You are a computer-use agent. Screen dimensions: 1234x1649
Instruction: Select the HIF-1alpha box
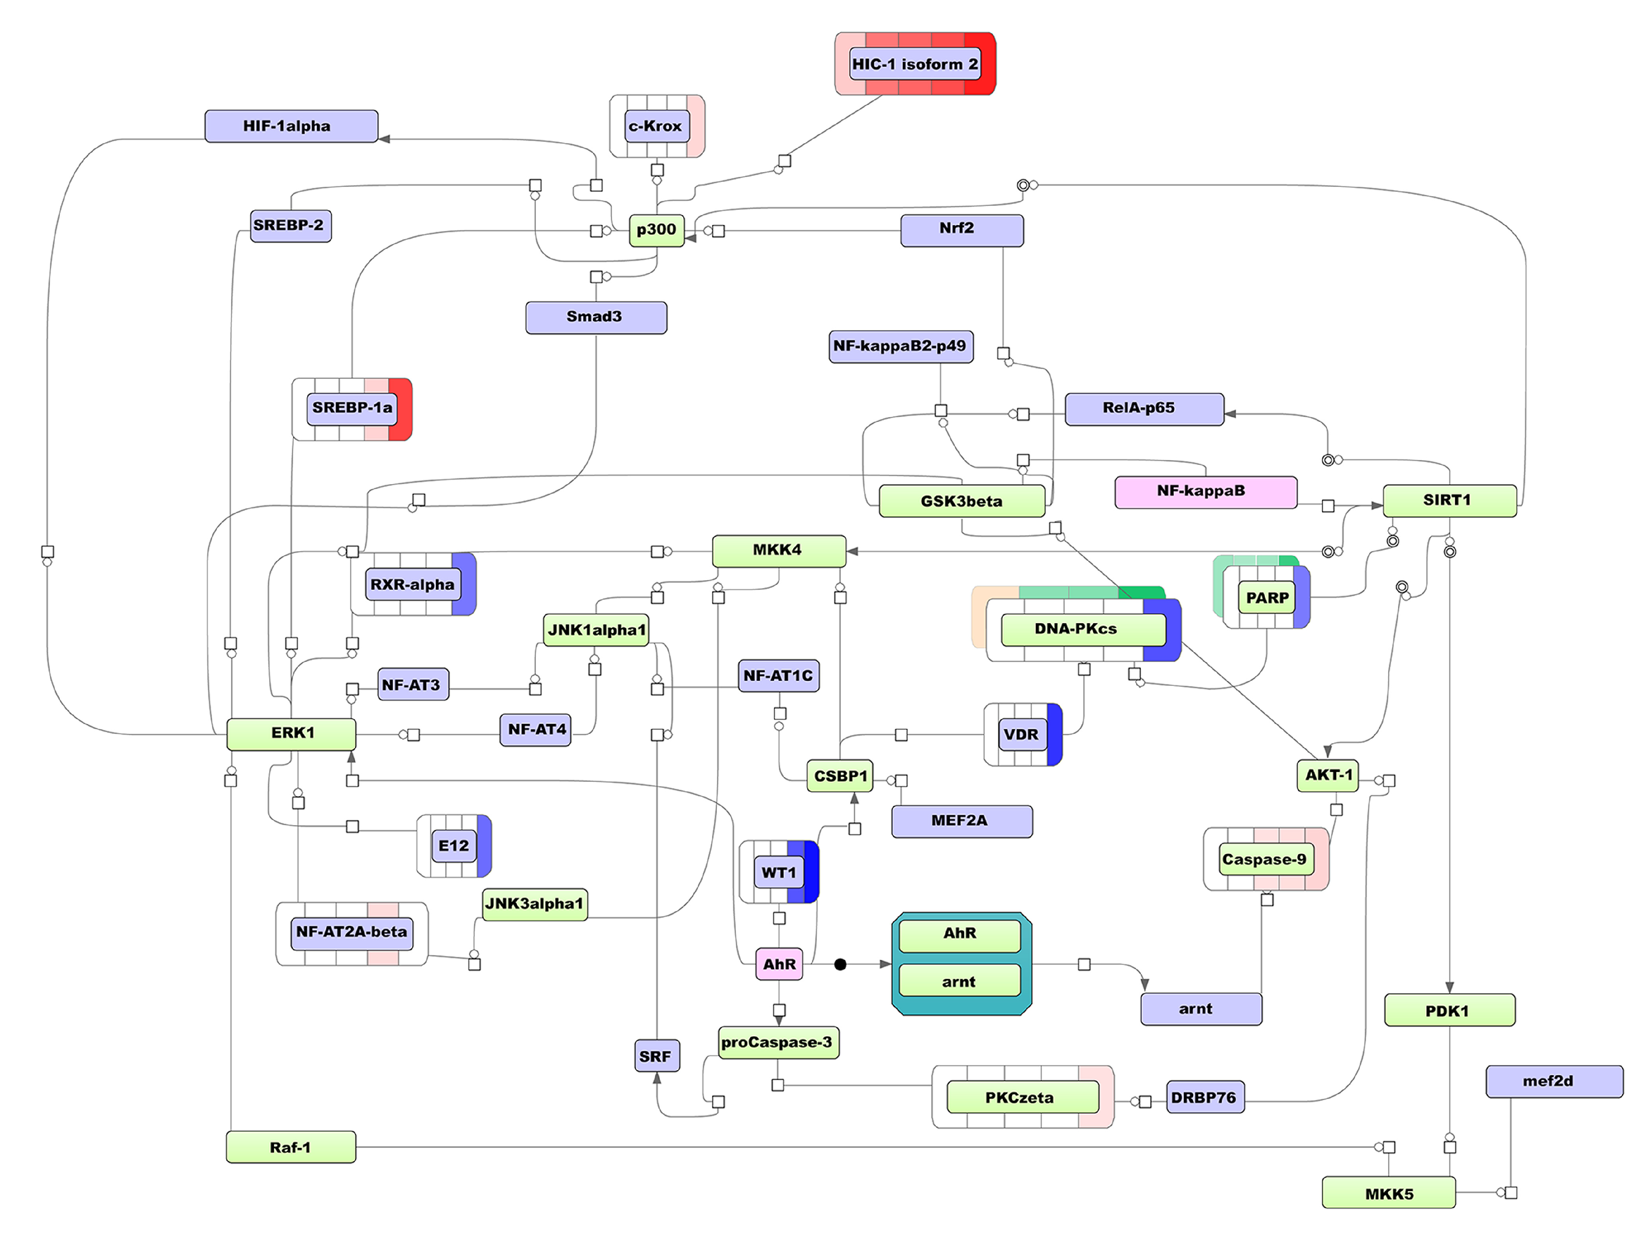click(291, 126)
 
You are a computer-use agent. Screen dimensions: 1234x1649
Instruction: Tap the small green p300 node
click(656, 230)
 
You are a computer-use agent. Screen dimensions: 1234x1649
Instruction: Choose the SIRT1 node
click(1448, 500)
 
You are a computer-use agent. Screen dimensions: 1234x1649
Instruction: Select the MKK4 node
click(778, 550)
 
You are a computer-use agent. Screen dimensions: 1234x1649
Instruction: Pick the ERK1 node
click(291, 734)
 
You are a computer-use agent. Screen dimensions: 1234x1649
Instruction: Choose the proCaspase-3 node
click(778, 1042)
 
